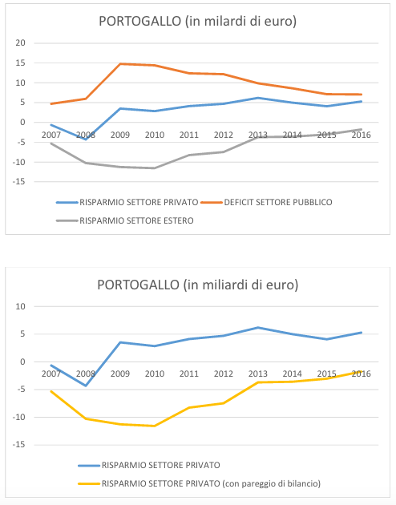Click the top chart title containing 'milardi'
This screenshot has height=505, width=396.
click(x=197, y=22)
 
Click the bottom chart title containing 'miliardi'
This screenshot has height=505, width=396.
click(x=198, y=285)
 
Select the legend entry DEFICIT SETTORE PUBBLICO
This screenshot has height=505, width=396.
click(x=278, y=202)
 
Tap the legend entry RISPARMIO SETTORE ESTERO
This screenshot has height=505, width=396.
click(x=136, y=220)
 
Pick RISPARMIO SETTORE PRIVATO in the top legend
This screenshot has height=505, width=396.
click(x=139, y=202)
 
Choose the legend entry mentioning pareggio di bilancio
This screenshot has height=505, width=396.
click(x=211, y=483)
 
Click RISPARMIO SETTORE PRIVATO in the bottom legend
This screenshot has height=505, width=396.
click(x=160, y=465)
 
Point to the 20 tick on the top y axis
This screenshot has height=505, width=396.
click(x=20, y=42)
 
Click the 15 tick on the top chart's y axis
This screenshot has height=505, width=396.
click(x=20, y=63)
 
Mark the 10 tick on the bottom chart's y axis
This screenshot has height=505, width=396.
click(x=20, y=306)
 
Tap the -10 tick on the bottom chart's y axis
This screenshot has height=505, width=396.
click(x=18, y=417)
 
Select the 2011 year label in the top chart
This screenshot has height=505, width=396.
click(x=189, y=135)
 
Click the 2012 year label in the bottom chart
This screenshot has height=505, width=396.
click(x=224, y=374)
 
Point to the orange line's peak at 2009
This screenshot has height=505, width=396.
click(x=120, y=64)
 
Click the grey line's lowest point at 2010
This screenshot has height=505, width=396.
click(x=155, y=168)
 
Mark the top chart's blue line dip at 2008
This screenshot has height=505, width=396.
click(x=86, y=139)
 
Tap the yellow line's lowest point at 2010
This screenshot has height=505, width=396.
click(x=155, y=426)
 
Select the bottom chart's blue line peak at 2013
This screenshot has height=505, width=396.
click(x=258, y=328)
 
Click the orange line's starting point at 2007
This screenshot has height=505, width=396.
click(x=51, y=103)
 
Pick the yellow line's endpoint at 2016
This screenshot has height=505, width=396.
click(x=362, y=372)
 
